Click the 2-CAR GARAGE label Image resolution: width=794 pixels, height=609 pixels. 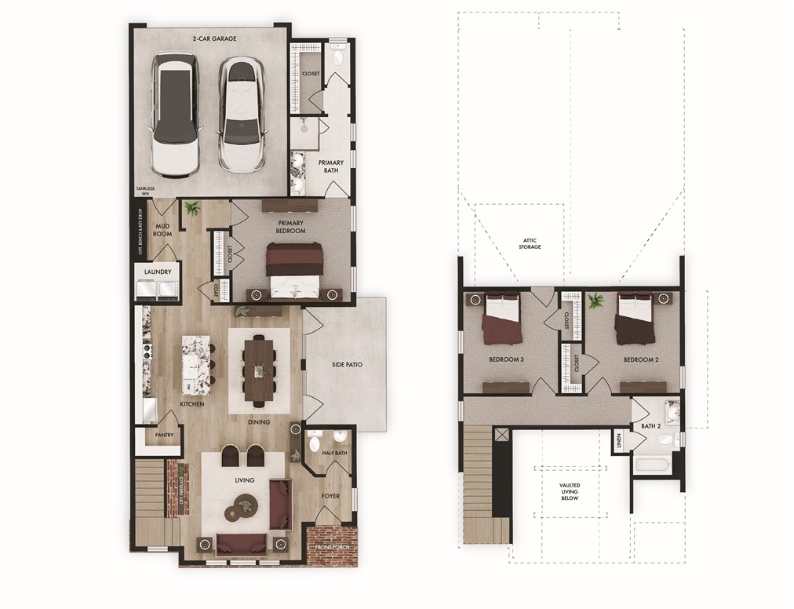tap(214, 38)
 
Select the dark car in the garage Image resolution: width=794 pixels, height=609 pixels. tap(175, 114)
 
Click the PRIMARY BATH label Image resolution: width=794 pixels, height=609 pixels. tap(330, 166)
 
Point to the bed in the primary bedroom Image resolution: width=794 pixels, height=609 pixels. tap(295, 269)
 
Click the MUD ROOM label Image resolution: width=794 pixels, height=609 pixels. tap(162, 230)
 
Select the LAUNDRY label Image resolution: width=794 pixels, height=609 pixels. tap(158, 272)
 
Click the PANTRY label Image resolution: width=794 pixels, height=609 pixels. tap(164, 435)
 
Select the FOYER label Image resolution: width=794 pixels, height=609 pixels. tap(330, 495)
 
